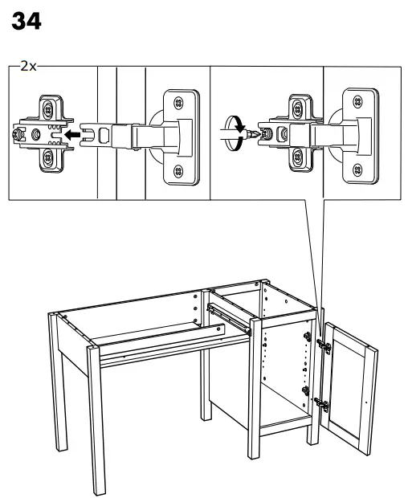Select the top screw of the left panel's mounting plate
(50, 105)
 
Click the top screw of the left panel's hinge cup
(177, 102)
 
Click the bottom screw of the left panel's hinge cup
(177, 169)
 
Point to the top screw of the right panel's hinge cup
(355, 102)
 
